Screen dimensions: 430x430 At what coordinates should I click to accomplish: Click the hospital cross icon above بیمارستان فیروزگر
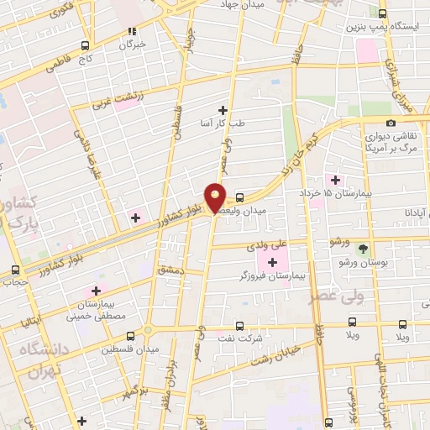click(x=272, y=262)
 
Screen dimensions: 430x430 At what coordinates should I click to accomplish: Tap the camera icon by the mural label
click(x=391, y=123)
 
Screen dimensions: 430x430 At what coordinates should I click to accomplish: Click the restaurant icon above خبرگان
click(x=131, y=31)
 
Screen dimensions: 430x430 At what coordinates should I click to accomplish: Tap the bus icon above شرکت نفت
click(x=240, y=324)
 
